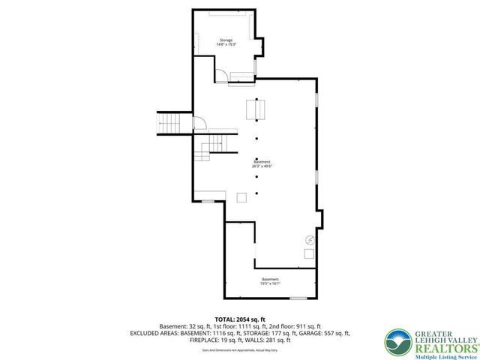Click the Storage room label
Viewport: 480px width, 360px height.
tap(226, 40)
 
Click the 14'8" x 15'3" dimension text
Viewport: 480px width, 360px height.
tap(226, 45)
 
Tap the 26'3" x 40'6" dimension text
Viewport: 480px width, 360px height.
tap(262, 166)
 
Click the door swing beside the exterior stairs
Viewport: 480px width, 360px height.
tap(199, 124)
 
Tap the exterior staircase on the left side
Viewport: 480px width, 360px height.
tap(169, 122)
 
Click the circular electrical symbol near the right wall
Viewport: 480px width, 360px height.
tap(309, 240)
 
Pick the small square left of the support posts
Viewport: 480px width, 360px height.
tap(241, 196)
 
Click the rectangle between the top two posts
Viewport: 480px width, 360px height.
tap(256, 110)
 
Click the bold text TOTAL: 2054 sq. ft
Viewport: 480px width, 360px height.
tap(239, 319)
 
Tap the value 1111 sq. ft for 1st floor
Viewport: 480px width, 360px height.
tap(263, 326)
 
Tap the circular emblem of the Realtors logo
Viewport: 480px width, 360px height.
tap(395, 340)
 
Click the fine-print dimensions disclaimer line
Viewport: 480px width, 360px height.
tap(239, 349)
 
